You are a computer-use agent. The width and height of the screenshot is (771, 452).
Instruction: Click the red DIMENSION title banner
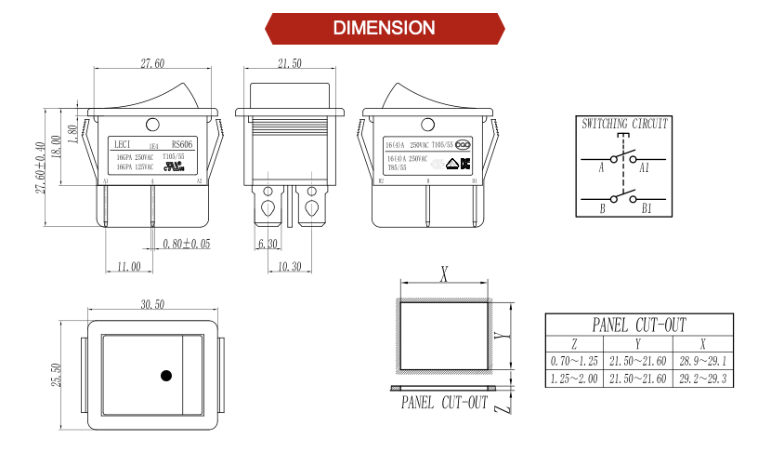click(385, 28)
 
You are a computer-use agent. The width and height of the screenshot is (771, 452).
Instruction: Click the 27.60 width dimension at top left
click(152, 64)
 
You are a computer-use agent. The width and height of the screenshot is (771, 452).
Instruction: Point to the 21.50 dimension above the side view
click(290, 64)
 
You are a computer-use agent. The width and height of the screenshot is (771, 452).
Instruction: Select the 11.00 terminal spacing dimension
click(128, 266)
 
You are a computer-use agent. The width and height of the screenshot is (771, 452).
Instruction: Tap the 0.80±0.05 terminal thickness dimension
click(187, 244)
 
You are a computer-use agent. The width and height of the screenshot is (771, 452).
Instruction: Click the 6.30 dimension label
click(268, 244)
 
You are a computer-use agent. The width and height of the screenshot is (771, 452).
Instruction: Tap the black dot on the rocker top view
click(167, 376)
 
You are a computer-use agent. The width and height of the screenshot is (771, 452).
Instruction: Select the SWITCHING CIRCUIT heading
click(624, 123)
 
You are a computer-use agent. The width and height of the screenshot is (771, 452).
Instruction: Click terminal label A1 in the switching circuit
click(645, 167)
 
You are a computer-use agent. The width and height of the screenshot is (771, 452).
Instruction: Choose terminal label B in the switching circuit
click(602, 209)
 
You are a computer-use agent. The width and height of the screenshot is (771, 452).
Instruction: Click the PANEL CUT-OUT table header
click(640, 325)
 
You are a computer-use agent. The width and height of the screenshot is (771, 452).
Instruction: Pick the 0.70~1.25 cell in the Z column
click(574, 361)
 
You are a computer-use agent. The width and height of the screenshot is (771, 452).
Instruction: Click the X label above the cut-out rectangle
click(444, 273)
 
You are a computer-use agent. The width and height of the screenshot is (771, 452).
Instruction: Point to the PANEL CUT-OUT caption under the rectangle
click(444, 403)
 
